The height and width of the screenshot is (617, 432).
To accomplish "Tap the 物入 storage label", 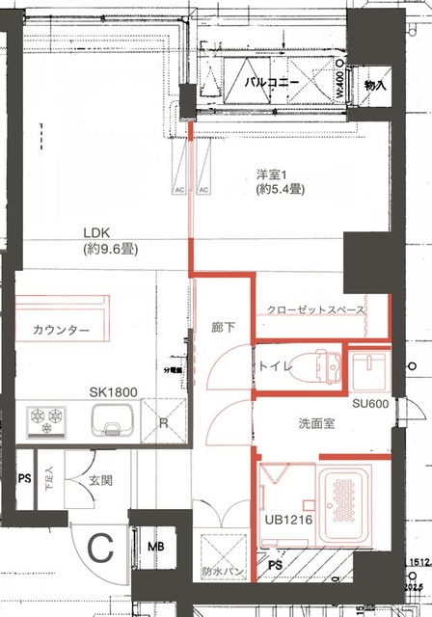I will [x=374, y=87].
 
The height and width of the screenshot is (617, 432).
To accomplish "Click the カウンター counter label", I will [x=61, y=331].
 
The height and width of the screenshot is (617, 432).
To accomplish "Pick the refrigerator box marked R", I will [x=164, y=422].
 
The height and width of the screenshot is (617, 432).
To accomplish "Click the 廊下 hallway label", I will [x=220, y=328].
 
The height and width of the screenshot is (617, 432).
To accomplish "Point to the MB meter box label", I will [x=155, y=549].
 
